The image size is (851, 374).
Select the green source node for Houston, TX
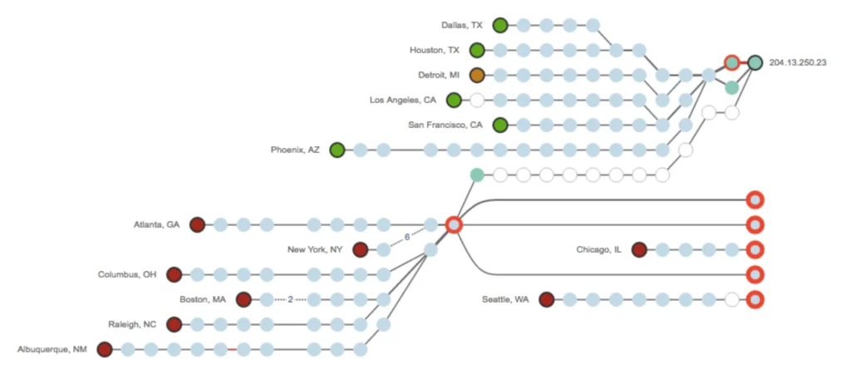click(477, 50)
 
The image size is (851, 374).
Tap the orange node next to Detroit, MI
click(477, 75)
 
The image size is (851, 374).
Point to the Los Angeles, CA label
click(403, 100)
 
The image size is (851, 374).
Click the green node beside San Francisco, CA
click(500, 125)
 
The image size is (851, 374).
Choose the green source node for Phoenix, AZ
click(337, 150)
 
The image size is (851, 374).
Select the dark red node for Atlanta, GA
click(197, 224)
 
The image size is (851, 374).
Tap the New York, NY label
click(315, 249)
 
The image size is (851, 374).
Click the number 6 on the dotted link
click(407, 237)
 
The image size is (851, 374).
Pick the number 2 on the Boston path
click(290, 299)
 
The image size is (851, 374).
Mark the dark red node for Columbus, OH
click(174, 274)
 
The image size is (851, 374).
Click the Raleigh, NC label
click(132, 324)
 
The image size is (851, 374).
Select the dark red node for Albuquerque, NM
click(104, 349)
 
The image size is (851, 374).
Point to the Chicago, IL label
click(599, 249)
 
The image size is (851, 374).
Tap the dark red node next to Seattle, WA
click(546, 299)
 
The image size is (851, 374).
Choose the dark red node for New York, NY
click(360, 249)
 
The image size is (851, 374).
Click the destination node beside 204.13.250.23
click(755, 62)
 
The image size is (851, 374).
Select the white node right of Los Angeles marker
click(477, 100)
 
